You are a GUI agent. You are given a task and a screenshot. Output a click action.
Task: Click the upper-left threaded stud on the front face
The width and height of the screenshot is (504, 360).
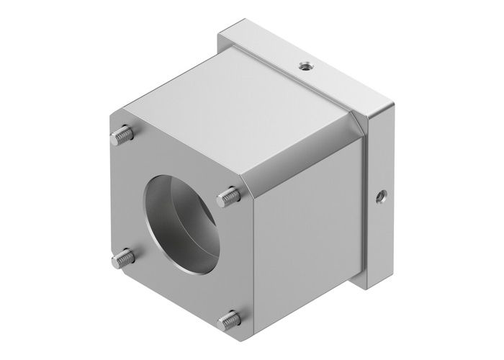click(x=124, y=133)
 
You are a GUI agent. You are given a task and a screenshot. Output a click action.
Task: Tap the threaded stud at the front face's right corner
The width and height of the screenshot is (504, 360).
click(x=230, y=193)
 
